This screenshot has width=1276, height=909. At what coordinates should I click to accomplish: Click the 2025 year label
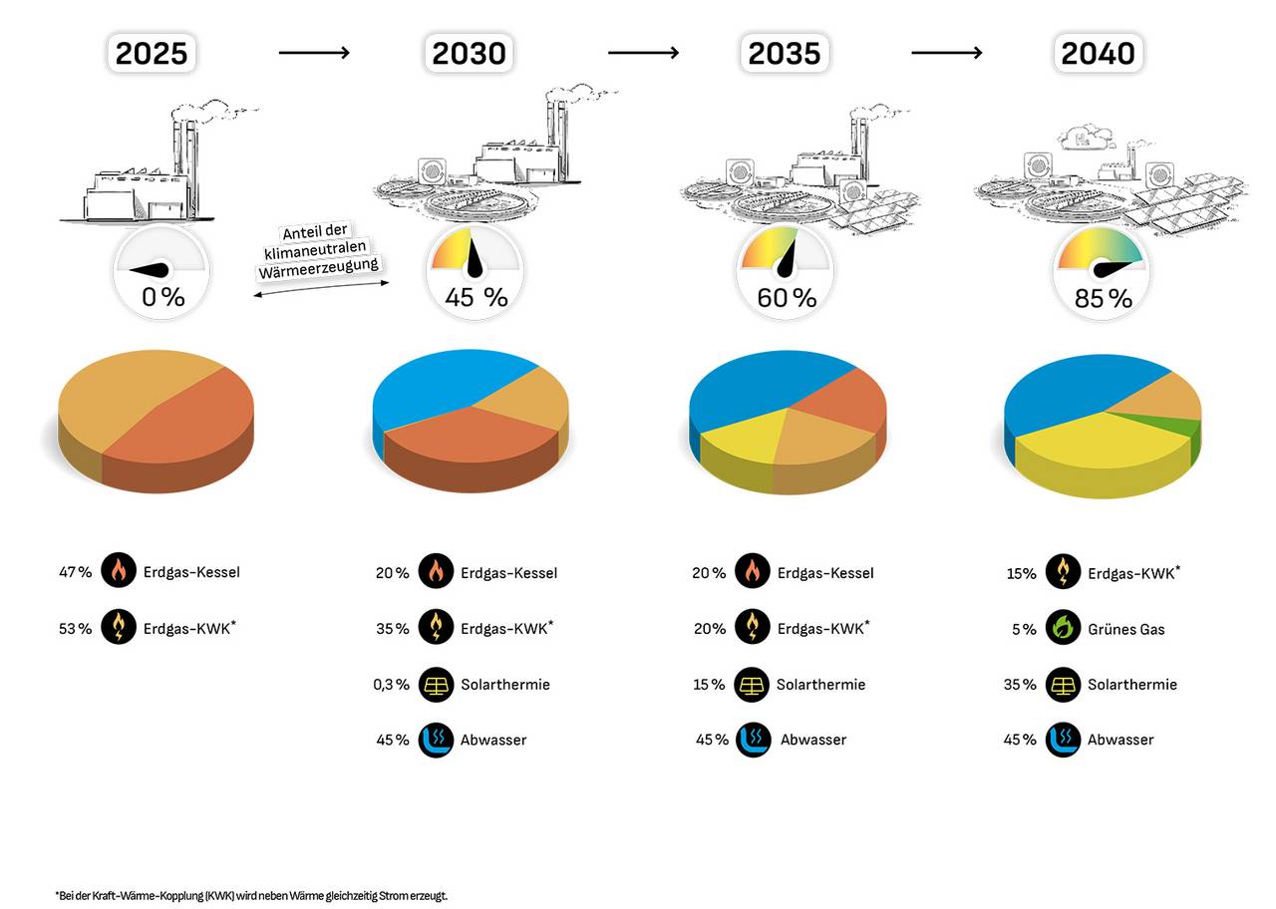[152, 53]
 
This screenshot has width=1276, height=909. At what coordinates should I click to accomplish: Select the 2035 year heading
[784, 53]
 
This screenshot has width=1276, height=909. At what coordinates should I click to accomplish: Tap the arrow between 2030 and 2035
[643, 52]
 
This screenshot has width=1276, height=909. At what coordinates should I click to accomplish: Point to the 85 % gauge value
[1103, 298]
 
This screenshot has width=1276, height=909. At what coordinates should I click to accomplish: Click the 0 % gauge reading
[162, 297]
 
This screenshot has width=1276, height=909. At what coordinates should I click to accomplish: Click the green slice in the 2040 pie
[1184, 429]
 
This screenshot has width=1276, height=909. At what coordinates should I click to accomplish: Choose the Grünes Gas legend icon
[1063, 629]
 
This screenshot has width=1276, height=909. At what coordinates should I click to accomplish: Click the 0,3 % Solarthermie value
[392, 685]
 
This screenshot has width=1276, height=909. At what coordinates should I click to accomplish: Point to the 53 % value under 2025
[75, 629]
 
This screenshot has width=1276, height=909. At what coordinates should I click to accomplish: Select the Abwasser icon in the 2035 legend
[753, 740]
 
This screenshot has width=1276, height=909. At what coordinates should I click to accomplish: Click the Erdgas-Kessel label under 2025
[191, 573]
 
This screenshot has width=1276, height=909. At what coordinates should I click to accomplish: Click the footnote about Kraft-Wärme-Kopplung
[251, 896]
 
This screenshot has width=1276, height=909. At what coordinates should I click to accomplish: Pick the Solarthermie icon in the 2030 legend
[436, 685]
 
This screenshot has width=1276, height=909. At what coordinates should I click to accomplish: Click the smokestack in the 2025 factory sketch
[184, 159]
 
